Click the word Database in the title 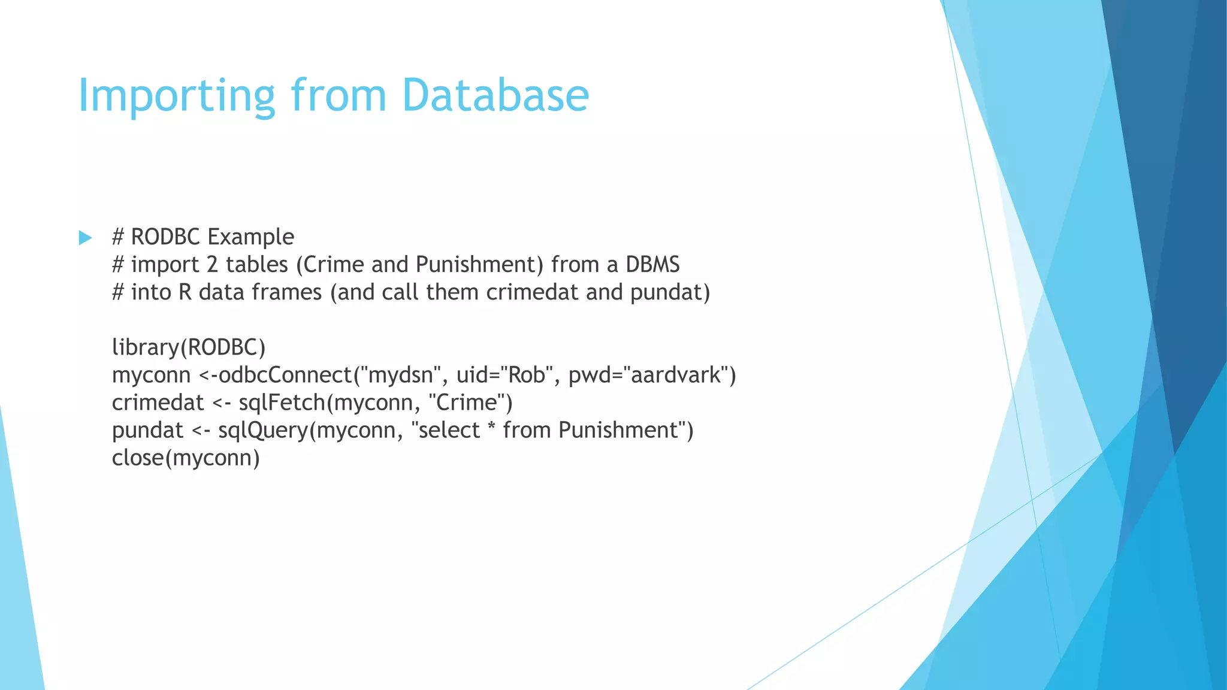tap(495, 96)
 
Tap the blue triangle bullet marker tap(85, 238)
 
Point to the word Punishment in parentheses tap(476, 265)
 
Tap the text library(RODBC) tap(189, 347)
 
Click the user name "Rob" tap(527, 375)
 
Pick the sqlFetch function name tap(282, 402)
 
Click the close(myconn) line tap(186, 458)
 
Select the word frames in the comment tap(286, 292)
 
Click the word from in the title tap(339, 96)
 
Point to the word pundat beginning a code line tap(147, 430)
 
